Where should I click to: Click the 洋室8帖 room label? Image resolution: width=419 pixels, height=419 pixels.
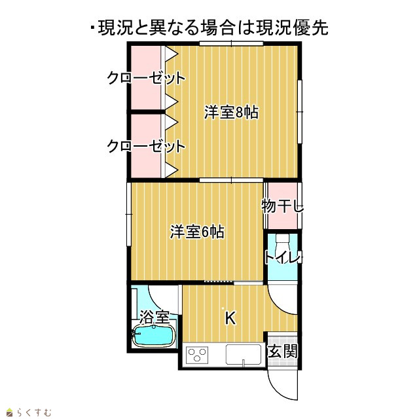pyautogui.click(x=231, y=112)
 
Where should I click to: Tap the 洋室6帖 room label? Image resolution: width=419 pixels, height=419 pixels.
pyautogui.click(x=197, y=232)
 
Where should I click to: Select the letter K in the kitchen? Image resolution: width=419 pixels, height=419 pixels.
pyautogui.click(x=230, y=318)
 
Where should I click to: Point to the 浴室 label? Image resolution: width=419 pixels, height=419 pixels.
pyautogui.click(x=155, y=317)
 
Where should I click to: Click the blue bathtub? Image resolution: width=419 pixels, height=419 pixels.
pyautogui.click(x=154, y=336)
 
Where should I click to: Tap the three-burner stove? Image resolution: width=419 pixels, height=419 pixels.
pyautogui.click(x=198, y=355)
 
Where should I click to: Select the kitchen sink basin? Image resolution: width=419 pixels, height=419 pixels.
pyautogui.click(x=244, y=355)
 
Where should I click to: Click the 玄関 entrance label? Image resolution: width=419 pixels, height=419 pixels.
pyautogui.click(x=283, y=351)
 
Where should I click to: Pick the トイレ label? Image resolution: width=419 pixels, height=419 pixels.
pyautogui.click(x=283, y=258)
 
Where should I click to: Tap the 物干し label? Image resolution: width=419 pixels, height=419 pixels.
pyautogui.click(x=282, y=206)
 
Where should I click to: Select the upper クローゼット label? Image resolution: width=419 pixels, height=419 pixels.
pyautogui.click(x=146, y=78)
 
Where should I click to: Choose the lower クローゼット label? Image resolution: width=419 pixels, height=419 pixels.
pyautogui.click(x=146, y=146)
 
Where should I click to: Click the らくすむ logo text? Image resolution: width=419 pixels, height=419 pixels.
pyautogui.click(x=34, y=412)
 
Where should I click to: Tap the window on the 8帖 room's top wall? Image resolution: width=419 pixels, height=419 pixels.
pyautogui.click(x=231, y=43)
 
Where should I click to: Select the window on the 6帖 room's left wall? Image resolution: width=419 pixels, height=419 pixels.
pyautogui.click(x=129, y=214)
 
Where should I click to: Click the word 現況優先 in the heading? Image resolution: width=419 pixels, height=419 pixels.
pyautogui.click(x=292, y=27)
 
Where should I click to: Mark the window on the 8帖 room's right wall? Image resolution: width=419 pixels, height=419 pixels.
pyautogui.click(x=300, y=111)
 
